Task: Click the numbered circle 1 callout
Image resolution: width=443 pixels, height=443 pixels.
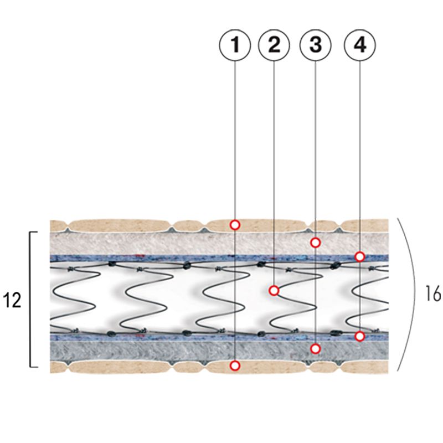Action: (235, 45)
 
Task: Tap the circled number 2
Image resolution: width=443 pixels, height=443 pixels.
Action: (274, 45)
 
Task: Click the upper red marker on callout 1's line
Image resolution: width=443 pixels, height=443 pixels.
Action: (235, 225)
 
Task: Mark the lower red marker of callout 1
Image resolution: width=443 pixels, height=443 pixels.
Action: (235, 365)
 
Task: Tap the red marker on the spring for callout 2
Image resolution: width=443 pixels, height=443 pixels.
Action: (274, 290)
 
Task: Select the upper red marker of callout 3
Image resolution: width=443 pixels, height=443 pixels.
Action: (315, 242)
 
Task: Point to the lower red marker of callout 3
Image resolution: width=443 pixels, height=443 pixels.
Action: (315, 348)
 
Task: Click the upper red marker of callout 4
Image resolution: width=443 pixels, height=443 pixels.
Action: (359, 256)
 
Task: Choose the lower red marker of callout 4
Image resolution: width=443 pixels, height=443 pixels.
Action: (359, 336)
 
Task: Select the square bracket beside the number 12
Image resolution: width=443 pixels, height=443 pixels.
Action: (30, 299)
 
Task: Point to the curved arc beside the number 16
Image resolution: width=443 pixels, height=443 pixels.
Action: (410, 293)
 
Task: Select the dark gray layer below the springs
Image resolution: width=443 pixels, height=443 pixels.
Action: (166, 349)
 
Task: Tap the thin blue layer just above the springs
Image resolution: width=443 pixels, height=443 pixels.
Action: (166, 258)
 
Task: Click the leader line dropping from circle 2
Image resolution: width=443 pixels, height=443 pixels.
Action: (274, 166)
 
